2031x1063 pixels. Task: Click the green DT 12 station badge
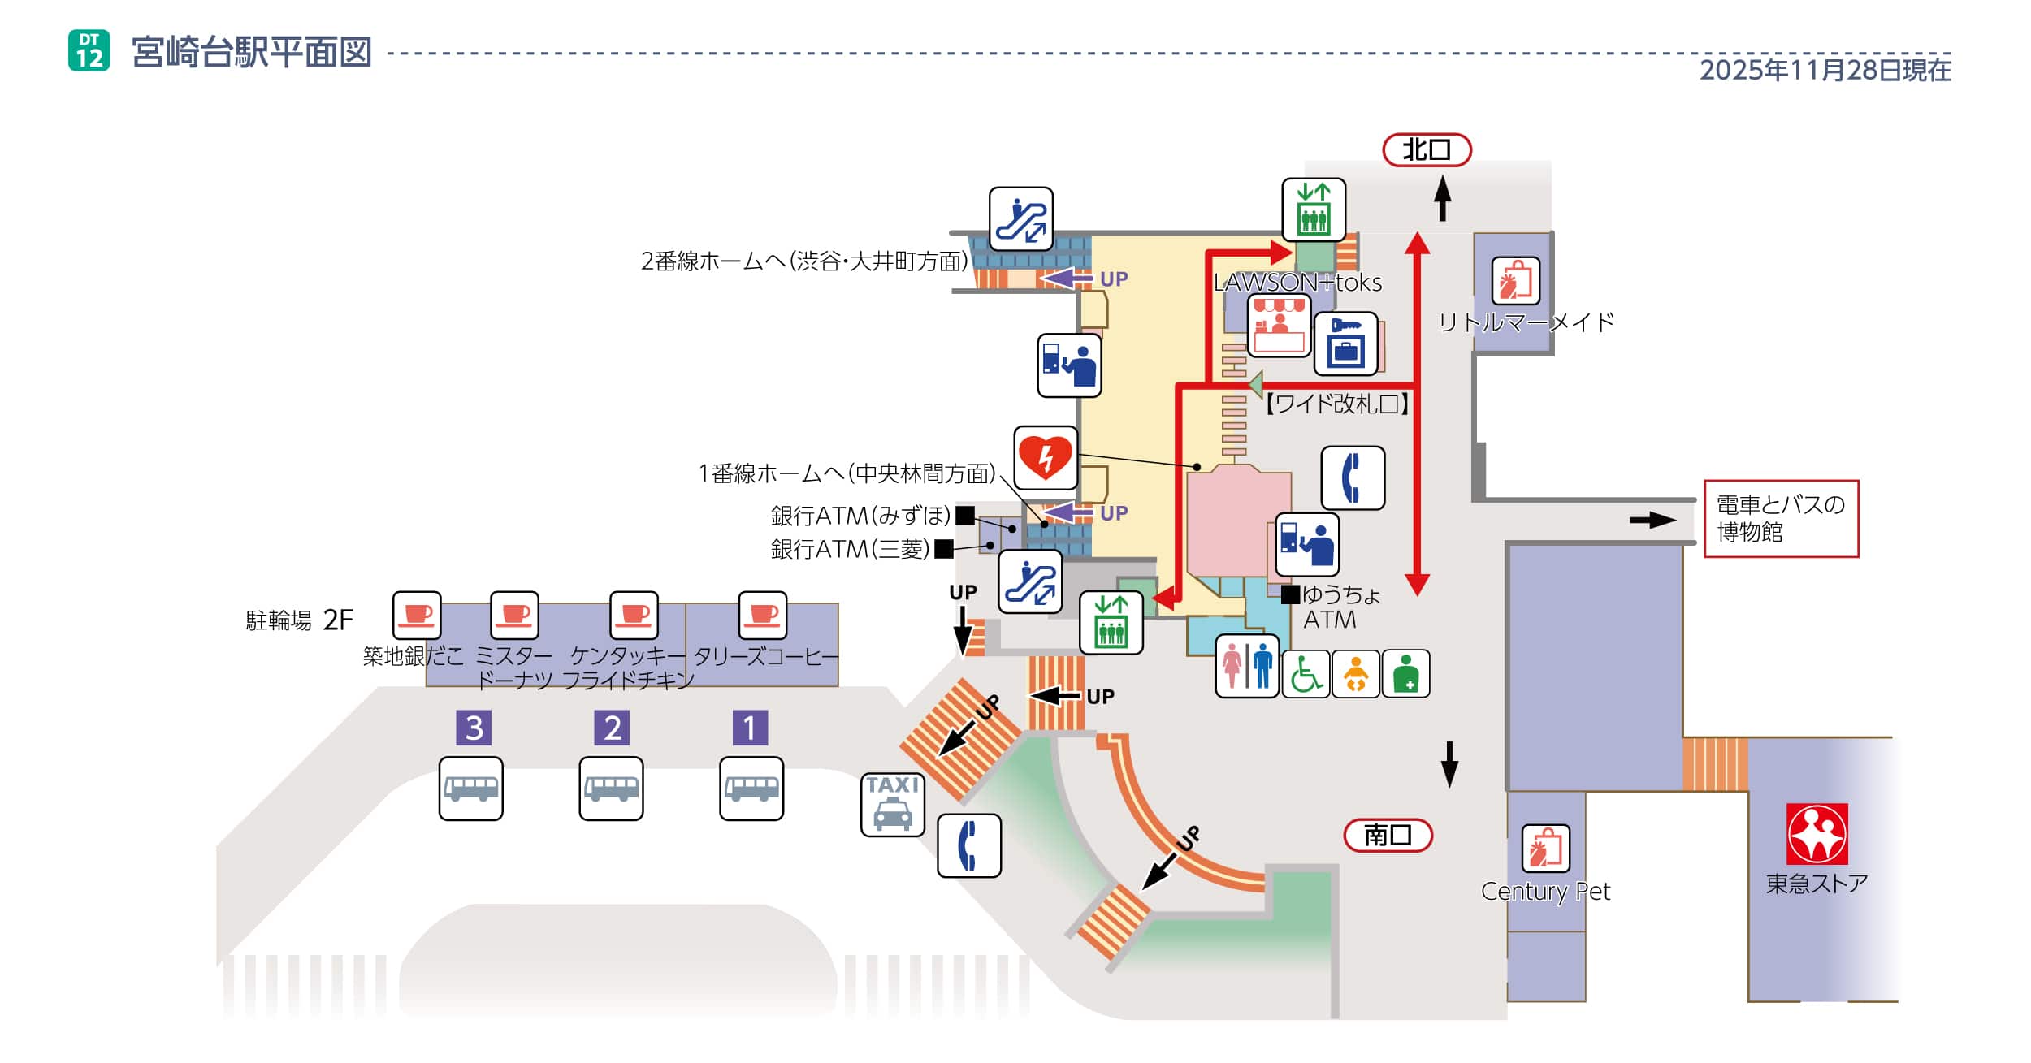point(89,50)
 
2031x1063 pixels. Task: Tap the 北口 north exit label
point(1426,149)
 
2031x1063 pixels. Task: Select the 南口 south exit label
point(1387,835)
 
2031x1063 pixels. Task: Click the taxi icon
point(892,804)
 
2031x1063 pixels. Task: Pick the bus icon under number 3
point(470,789)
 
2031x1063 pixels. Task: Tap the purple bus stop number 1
point(749,728)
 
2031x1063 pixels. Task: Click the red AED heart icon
point(1046,457)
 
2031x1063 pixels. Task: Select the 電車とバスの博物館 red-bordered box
point(1780,518)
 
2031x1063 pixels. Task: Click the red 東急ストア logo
point(1817,834)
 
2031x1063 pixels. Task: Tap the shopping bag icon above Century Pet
point(1544,848)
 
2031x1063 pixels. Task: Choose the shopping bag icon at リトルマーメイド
point(1515,281)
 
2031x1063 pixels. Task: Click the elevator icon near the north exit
point(1313,210)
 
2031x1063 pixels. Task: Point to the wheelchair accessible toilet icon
point(1306,674)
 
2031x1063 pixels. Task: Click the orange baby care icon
point(1355,674)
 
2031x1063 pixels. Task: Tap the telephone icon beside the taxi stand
point(968,845)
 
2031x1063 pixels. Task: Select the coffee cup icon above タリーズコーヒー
point(762,616)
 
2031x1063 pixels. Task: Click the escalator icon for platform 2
point(1020,219)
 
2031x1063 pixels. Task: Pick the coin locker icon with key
point(1345,344)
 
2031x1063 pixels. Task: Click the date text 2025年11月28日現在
point(1825,71)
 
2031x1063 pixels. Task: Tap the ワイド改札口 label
point(1336,404)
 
